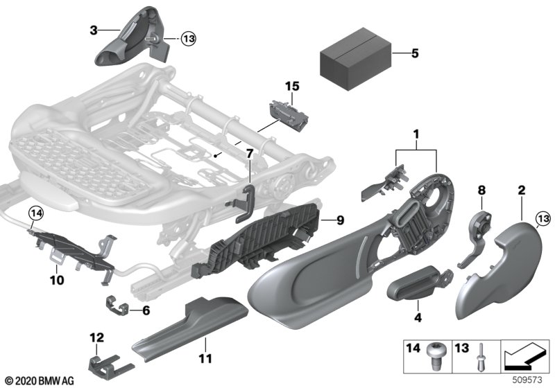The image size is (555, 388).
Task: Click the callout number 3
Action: pos(94,30)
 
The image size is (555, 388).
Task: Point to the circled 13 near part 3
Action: pos(189,39)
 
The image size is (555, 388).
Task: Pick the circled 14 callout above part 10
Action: pos(35,214)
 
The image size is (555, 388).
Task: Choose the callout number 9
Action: pos(339,221)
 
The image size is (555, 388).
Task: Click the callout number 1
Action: pos(416,132)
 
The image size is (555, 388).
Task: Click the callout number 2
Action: pos(521,188)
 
